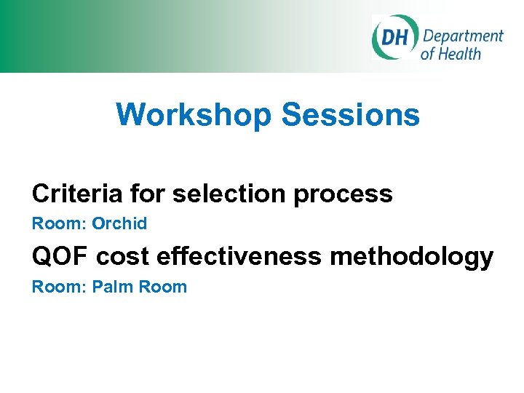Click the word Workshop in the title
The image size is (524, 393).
point(194,115)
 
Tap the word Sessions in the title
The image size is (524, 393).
point(350,115)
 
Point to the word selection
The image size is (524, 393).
point(232,194)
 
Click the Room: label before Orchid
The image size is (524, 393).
point(59,223)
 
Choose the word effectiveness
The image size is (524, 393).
point(238,256)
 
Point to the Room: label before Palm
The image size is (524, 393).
point(59,287)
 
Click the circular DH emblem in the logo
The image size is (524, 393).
point(394,36)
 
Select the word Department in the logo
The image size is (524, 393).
point(463,36)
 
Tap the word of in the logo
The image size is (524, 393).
point(428,53)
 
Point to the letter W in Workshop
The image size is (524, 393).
point(130,115)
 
